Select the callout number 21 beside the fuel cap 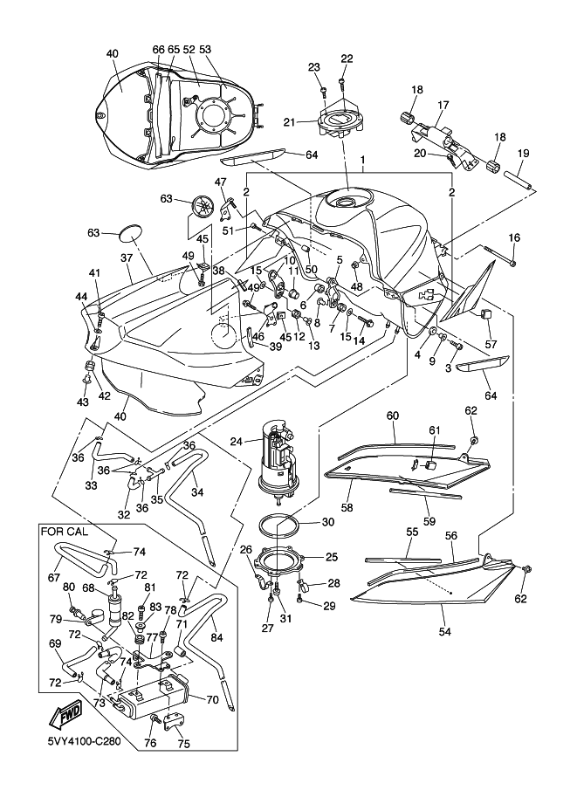(313, 121)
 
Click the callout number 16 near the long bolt (513, 237)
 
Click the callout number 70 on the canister (211, 698)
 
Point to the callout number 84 (217, 637)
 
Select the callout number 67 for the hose (54, 577)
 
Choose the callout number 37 (127, 258)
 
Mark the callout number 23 (314, 67)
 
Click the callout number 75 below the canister (182, 744)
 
